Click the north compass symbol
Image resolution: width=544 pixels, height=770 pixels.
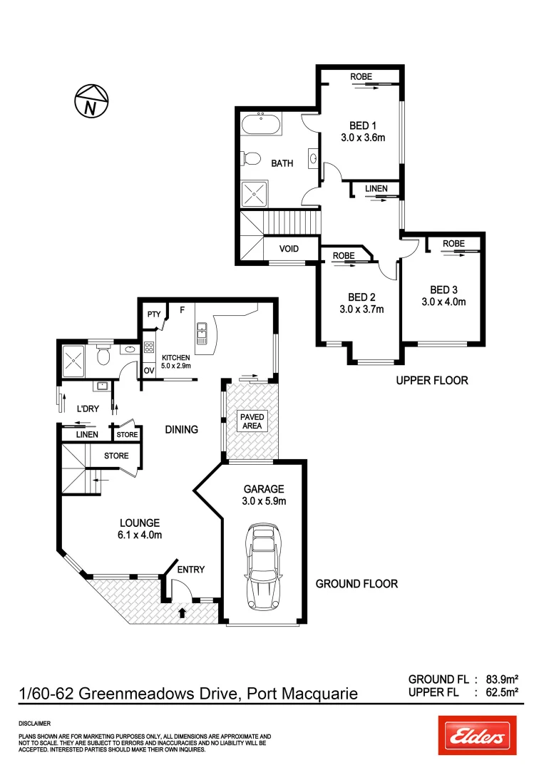point(91,100)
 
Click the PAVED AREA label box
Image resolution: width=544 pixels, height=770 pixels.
point(252,421)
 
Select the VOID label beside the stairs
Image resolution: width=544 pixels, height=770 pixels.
point(288,249)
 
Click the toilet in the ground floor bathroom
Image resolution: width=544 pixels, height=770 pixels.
point(103,354)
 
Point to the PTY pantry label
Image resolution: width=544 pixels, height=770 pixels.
point(153,314)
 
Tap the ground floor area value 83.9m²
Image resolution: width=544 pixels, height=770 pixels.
point(501,679)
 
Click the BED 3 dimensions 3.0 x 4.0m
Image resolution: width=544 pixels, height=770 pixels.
point(443,302)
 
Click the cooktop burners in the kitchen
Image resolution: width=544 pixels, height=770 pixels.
point(150,349)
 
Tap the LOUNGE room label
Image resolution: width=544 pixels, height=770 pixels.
point(140,523)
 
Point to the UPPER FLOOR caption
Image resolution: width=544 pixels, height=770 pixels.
point(432,381)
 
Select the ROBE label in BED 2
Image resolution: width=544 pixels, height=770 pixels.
point(344,255)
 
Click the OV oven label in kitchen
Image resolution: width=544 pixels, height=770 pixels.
point(150,370)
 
